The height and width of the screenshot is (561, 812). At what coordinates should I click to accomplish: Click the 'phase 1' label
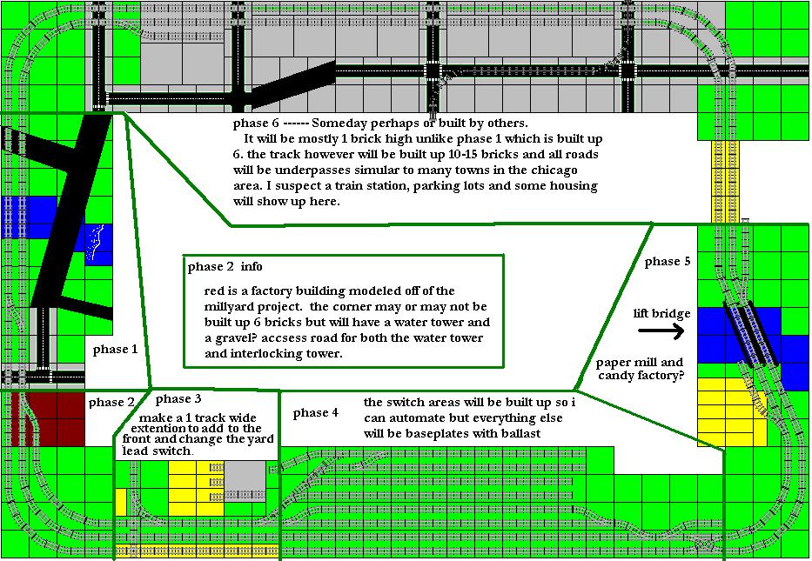click(x=115, y=350)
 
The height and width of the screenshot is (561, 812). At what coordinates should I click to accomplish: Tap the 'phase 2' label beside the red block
click(x=111, y=403)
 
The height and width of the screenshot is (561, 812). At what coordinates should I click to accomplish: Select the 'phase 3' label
click(x=178, y=399)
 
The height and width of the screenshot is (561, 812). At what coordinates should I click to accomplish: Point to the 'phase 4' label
click(x=315, y=413)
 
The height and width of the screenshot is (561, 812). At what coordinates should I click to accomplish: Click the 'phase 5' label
click(x=667, y=262)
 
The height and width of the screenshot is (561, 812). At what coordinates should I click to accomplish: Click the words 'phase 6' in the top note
click(x=256, y=124)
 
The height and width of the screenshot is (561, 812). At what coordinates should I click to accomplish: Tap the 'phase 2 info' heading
click(x=225, y=267)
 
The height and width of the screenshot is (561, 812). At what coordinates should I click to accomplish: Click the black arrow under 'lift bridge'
click(x=661, y=331)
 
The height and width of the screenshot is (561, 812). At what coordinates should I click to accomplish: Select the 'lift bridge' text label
click(x=661, y=314)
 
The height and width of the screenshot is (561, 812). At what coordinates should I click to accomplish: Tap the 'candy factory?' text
click(x=641, y=375)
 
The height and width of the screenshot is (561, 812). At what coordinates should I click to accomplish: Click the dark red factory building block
click(x=47, y=418)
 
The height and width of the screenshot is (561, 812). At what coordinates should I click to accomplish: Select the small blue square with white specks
click(x=98, y=244)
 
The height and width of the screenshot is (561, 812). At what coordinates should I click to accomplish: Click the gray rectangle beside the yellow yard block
click(x=245, y=481)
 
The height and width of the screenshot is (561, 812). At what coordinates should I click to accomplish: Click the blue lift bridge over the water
click(x=750, y=334)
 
